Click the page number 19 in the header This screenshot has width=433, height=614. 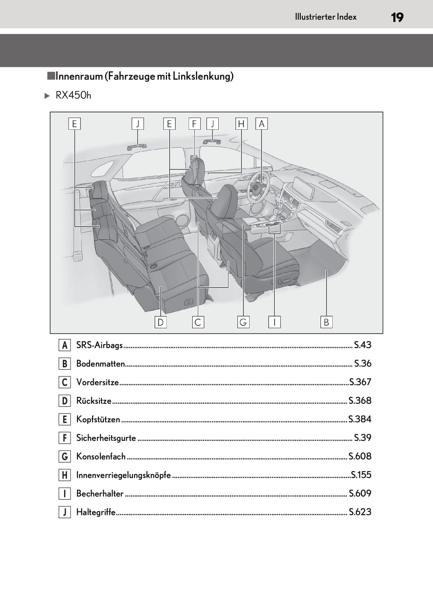pyautogui.click(x=397, y=17)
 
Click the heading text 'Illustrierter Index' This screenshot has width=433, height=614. pyautogui.click(x=325, y=17)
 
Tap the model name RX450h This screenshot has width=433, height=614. pyautogui.click(x=73, y=96)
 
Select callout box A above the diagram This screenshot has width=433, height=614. pyautogui.click(x=261, y=124)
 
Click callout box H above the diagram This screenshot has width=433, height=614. pyautogui.click(x=241, y=124)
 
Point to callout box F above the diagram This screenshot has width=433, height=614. pyautogui.click(x=194, y=124)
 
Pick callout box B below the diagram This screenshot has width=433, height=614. pyautogui.click(x=326, y=322)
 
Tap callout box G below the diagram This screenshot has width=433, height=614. pyautogui.click(x=243, y=322)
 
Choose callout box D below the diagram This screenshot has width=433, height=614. pyautogui.click(x=160, y=322)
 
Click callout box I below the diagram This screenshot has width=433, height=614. pyautogui.click(x=274, y=322)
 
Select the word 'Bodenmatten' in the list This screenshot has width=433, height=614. pyautogui.click(x=100, y=364)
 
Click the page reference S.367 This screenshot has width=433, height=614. pyautogui.click(x=360, y=382)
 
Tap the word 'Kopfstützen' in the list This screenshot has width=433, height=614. pyautogui.click(x=98, y=419)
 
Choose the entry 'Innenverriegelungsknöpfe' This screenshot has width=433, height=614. pyautogui.click(x=123, y=475)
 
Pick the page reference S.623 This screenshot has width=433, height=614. pyautogui.click(x=360, y=512)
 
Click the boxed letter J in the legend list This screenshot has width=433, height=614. pyautogui.click(x=65, y=512)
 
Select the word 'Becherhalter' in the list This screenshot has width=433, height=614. pyautogui.click(x=100, y=494)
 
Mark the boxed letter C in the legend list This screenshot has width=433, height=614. pyautogui.click(x=65, y=382)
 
